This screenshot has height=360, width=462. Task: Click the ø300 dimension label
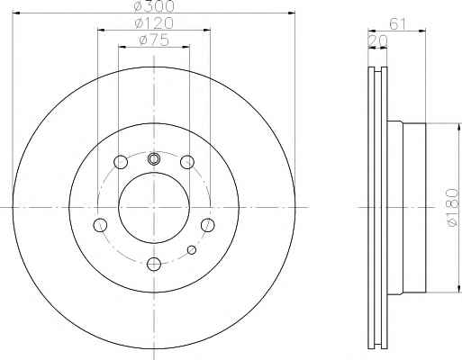[x=154, y=6]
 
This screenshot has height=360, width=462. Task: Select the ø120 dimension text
[x=154, y=22]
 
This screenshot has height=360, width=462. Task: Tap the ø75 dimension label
[x=154, y=40]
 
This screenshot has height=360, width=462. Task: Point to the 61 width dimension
[x=397, y=23]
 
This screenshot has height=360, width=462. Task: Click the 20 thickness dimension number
[x=377, y=41]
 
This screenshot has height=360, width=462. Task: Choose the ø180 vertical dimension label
[x=453, y=207]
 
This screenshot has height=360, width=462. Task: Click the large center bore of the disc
[x=154, y=207]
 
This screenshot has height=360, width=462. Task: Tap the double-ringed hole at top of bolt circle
[x=153, y=158]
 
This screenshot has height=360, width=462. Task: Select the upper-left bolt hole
[x=121, y=162]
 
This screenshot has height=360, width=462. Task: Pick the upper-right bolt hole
[x=187, y=162]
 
